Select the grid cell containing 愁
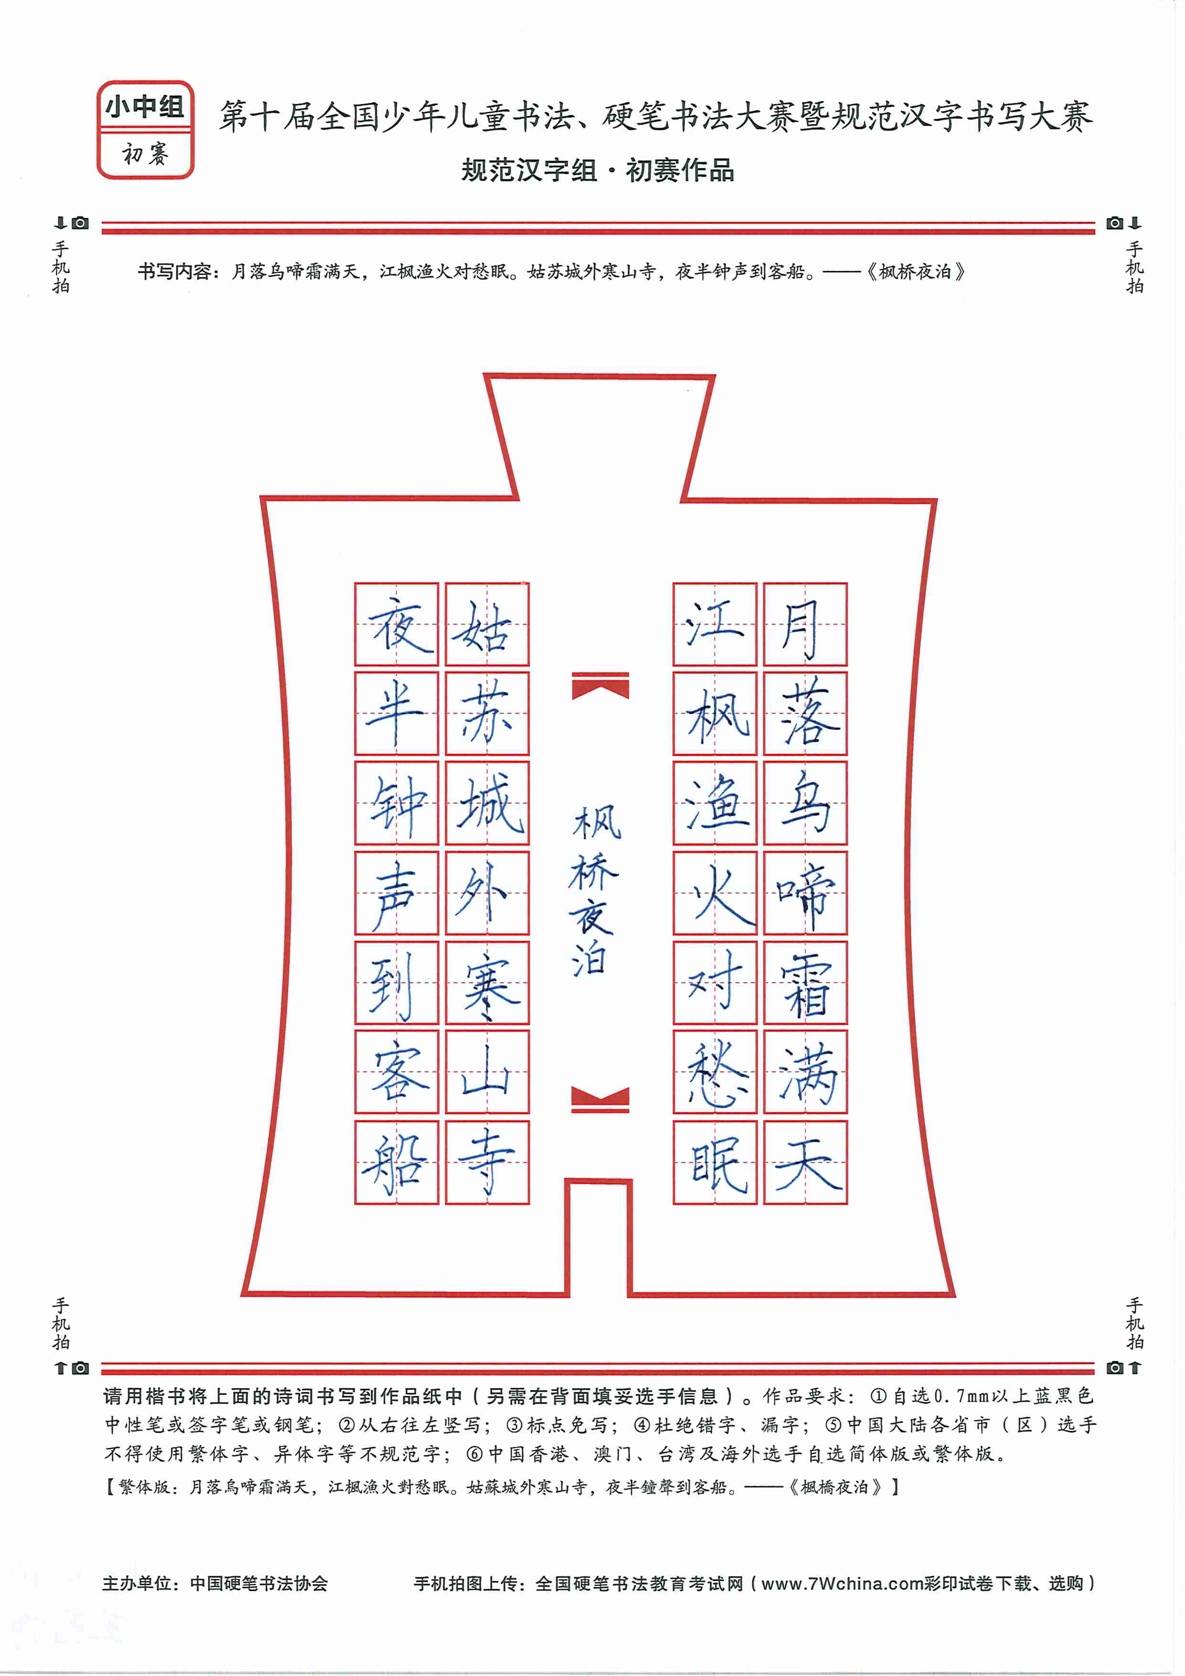[x=715, y=1072]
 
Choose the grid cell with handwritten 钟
[x=397, y=804]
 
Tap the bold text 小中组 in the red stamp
[x=145, y=107]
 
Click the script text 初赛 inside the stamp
[x=145, y=154]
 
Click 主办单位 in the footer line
[x=137, y=1583]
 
